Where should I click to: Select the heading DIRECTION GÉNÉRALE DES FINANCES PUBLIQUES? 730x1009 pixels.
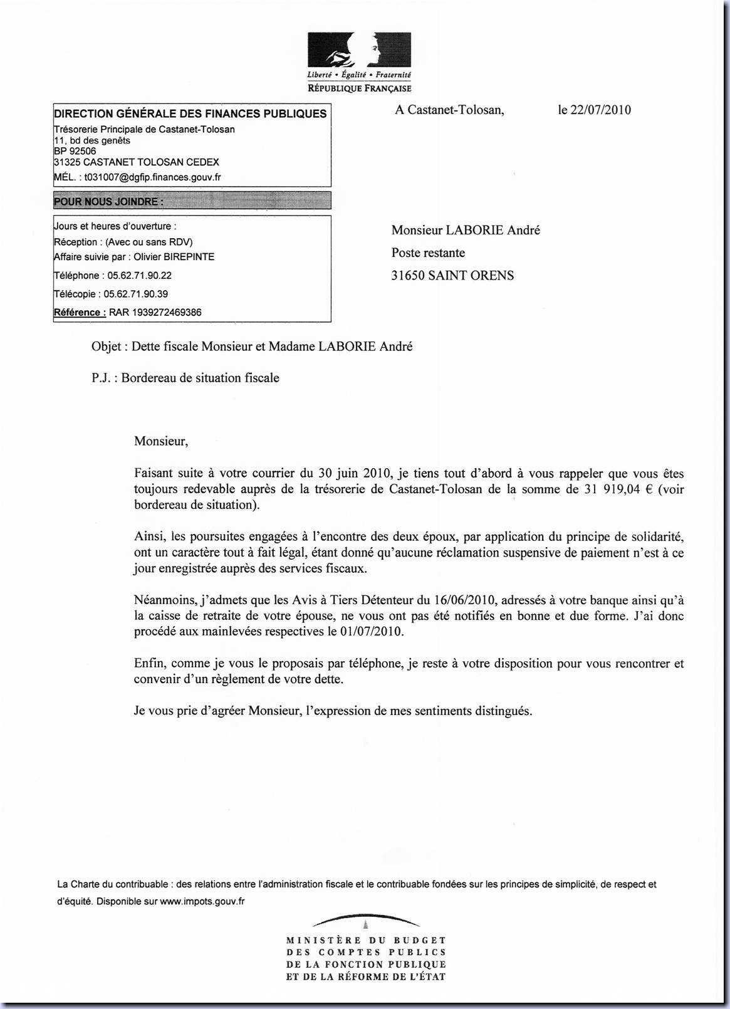click(x=190, y=113)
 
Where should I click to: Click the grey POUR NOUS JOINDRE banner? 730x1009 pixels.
click(x=192, y=201)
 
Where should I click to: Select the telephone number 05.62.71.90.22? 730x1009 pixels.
click(x=139, y=276)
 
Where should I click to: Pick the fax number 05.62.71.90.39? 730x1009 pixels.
click(x=135, y=294)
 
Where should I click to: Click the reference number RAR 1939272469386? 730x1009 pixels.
click(x=155, y=312)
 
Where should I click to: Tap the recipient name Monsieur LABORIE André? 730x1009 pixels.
click(x=466, y=230)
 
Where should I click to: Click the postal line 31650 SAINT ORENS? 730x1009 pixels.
click(x=452, y=276)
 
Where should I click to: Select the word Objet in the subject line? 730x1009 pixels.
click(x=105, y=347)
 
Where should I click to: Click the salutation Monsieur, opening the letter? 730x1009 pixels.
click(x=161, y=441)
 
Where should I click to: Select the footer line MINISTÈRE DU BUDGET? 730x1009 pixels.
click(x=366, y=940)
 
